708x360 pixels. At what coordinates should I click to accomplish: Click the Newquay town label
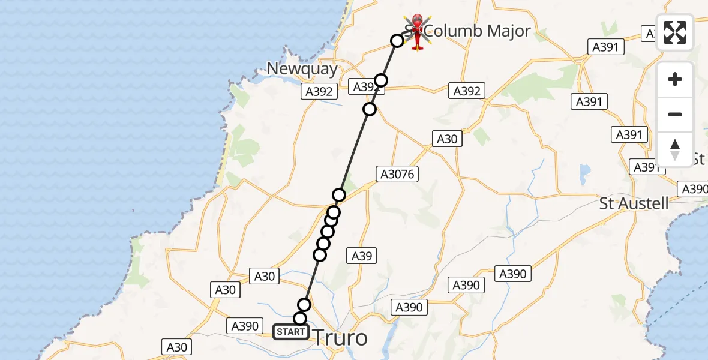coord(302,69)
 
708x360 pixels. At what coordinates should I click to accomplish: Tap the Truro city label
coord(340,338)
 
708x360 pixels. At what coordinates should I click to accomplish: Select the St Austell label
coord(634,203)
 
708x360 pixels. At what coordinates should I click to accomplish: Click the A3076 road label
coord(397,175)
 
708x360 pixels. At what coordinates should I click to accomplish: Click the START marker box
coord(291,331)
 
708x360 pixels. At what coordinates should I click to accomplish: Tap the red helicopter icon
coord(418,31)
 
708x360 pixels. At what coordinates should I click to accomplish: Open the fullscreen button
coord(675,32)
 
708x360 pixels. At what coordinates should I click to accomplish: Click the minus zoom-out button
coord(675,114)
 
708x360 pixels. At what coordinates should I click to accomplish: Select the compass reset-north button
coord(675,149)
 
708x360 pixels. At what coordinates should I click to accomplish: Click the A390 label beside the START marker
coord(245,326)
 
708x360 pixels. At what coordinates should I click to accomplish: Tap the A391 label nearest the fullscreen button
coord(608,47)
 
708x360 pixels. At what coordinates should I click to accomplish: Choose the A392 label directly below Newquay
coord(319,92)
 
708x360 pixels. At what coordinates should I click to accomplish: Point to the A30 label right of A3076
coord(446,139)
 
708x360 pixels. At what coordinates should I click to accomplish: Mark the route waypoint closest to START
coord(300,319)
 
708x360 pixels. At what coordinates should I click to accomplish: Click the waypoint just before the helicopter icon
coord(397,41)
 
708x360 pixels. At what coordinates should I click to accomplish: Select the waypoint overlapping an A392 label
coord(381,80)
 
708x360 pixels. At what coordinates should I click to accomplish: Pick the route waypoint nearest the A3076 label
coord(339,194)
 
